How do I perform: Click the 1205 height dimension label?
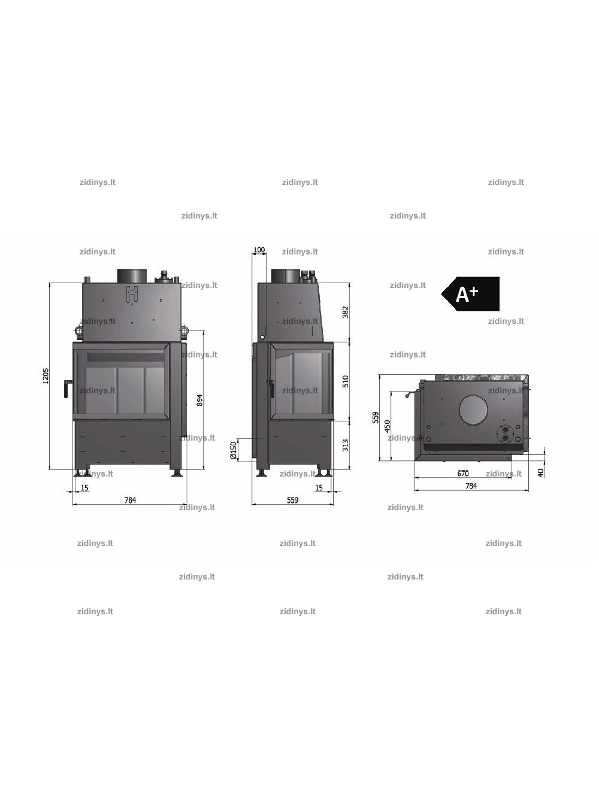pyautogui.click(x=46, y=376)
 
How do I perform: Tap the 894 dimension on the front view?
pyautogui.click(x=199, y=400)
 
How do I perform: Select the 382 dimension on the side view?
pyautogui.click(x=346, y=312)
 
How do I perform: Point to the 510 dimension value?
pyautogui.click(x=346, y=381)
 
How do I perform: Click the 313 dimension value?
pyautogui.click(x=346, y=445)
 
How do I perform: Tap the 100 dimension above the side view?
pyautogui.click(x=259, y=250)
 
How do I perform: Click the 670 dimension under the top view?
pyautogui.click(x=463, y=474)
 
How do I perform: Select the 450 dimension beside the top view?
pyautogui.click(x=388, y=426)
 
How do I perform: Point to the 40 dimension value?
pyautogui.click(x=540, y=473)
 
